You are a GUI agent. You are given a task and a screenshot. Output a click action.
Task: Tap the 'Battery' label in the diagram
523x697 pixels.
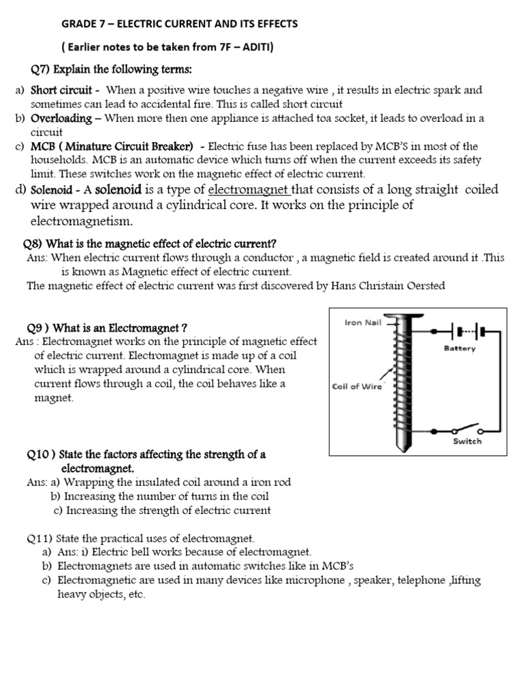(460, 348)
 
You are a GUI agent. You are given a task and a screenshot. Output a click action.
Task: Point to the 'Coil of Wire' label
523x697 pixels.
(357, 387)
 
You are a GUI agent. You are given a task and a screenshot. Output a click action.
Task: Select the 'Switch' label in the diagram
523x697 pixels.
(467, 440)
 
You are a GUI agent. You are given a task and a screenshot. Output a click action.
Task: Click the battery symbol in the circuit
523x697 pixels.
(466, 331)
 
